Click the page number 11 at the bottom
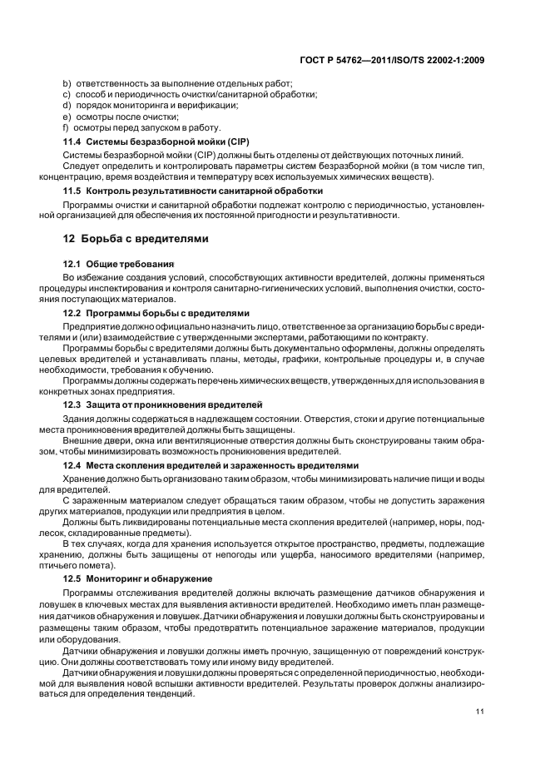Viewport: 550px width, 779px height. coord(479,712)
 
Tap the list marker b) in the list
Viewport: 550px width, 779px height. coord(67,84)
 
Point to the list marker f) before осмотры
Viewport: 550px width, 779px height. coord(66,127)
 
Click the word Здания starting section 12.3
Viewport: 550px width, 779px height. coord(81,418)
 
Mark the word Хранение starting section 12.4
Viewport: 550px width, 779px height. coord(86,479)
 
